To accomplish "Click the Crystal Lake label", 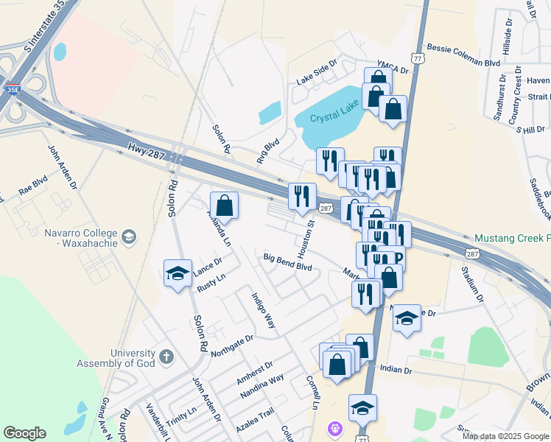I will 333,117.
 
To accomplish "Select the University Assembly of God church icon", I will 167,357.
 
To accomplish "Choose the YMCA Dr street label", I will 393,68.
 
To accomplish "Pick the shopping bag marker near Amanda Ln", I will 225,206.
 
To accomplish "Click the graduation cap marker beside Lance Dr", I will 177,274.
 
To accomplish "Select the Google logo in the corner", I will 24,433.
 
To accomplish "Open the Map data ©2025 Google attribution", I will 505,436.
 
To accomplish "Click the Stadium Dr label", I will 475,284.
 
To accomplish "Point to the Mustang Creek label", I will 512,238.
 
